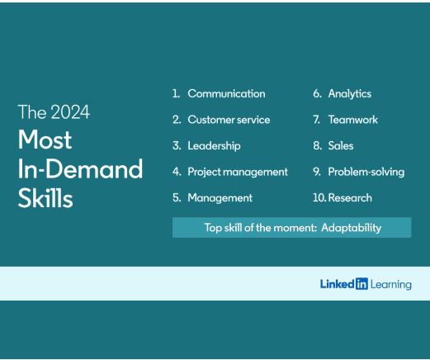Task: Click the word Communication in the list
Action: pyautogui.click(x=226, y=93)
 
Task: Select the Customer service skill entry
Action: pyautogui.click(x=229, y=120)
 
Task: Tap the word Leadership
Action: pyautogui.click(x=214, y=145)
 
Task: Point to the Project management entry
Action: pyautogui.click(x=238, y=172)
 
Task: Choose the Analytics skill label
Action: pyautogui.click(x=350, y=94)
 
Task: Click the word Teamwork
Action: pyautogui.click(x=353, y=120)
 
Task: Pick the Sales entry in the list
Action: pyautogui.click(x=341, y=145)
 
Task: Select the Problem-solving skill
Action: pyautogui.click(x=366, y=172)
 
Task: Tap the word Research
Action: pyautogui.click(x=350, y=198)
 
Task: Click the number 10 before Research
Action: pyautogui.click(x=319, y=198)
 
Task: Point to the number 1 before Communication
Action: pyautogui.click(x=176, y=93)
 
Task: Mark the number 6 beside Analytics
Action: pyautogui.click(x=317, y=93)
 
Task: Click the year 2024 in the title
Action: pyautogui.click(x=70, y=112)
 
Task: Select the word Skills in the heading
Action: pyautogui.click(x=45, y=197)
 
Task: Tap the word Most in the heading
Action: pyautogui.click(x=45, y=140)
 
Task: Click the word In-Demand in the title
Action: pyautogui.click(x=80, y=168)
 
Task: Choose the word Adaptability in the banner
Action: pyautogui.click(x=351, y=228)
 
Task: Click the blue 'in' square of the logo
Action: pyautogui.click(x=361, y=284)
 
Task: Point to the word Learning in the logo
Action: pyautogui.click(x=391, y=284)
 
